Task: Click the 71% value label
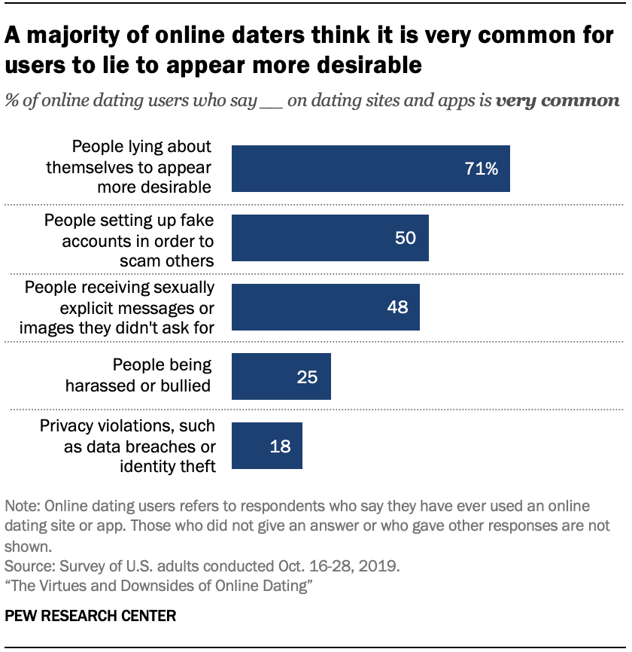[x=481, y=169]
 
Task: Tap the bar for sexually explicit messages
[x=325, y=307]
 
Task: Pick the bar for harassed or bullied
[x=281, y=376]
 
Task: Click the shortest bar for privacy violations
[x=266, y=446]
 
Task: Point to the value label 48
[x=397, y=307]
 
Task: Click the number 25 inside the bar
[x=307, y=376]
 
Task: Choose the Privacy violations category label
[x=128, y=446]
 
